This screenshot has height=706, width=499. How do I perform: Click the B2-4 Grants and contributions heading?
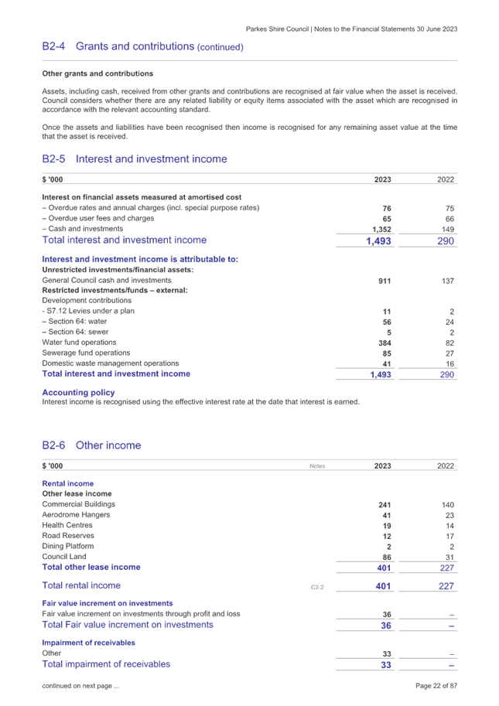[x=142, y=47]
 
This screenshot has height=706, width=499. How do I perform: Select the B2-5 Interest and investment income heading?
[x=135, y=159]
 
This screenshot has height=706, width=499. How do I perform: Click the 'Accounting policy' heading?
[x=78, y=393]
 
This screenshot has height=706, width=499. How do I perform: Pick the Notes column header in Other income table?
[x=317, y=466]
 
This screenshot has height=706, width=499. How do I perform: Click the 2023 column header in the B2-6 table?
[x=382, y=466]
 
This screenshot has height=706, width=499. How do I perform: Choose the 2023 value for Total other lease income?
[x=383, y=568]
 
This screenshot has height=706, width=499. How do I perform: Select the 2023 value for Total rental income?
[x=383, y=586]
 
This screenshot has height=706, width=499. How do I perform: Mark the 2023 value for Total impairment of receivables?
[x=386, y=665]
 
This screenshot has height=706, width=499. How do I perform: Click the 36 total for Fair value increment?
[x=386, y=626]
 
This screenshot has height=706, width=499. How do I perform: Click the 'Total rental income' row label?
[x=81, y=586]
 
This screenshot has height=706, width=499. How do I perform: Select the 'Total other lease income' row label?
[x=91, y=568]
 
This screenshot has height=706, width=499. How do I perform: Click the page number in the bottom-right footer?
[x=443, y=686]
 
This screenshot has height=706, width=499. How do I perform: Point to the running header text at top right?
[x=351, y=29]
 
